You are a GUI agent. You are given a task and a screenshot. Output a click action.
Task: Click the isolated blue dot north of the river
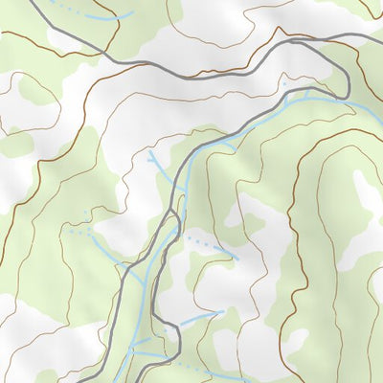coord(284,83)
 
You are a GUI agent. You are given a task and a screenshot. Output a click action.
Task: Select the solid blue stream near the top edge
coord(105,18)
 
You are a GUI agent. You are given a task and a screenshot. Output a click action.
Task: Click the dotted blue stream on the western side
coord(81,231)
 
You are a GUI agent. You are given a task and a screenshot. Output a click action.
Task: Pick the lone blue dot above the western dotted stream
coord(84,213)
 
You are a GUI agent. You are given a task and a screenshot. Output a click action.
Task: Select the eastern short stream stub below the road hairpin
coord(307,95)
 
